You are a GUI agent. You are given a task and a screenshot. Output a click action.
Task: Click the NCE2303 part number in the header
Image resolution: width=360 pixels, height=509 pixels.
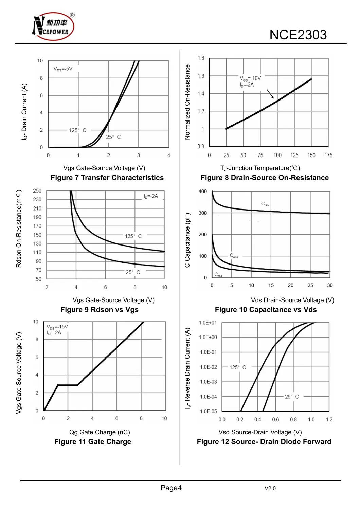298,35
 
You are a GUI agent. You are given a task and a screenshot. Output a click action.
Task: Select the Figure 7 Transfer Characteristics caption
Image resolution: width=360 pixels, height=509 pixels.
107,178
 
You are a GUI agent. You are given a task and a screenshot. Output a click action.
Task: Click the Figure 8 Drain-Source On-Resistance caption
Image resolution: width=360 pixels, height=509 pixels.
265,178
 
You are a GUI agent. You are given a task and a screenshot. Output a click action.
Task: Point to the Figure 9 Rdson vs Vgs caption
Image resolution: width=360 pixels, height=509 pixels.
100,310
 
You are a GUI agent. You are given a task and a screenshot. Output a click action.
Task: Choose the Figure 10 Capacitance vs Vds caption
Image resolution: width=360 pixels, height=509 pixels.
266,310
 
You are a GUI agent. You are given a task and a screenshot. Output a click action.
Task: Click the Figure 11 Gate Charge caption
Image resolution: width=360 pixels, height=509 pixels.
93,442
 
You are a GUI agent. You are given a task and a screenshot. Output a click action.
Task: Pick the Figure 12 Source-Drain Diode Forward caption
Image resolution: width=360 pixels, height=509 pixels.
264,442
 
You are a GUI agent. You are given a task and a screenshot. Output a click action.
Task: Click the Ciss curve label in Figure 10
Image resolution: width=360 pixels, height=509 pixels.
265,204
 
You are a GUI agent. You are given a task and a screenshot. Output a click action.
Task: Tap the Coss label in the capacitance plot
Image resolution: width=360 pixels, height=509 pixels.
234,256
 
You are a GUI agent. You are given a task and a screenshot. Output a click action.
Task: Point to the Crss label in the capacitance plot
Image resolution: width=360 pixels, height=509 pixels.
218,275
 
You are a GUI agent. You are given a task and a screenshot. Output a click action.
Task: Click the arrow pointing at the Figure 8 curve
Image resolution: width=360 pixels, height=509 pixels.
270,94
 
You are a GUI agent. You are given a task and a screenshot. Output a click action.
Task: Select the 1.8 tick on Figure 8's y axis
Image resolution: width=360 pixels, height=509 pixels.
201,58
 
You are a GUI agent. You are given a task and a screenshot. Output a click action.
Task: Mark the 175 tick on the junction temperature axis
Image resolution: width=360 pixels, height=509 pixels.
328,156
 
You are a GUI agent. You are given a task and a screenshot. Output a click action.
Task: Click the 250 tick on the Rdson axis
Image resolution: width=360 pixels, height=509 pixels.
37,191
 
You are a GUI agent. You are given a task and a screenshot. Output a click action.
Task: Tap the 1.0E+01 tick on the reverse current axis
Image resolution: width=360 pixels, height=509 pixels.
208,323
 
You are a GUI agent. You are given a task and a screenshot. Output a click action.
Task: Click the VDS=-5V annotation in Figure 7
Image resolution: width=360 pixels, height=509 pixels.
63,69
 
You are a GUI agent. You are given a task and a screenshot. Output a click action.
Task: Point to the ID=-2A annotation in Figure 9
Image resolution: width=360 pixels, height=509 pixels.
151,196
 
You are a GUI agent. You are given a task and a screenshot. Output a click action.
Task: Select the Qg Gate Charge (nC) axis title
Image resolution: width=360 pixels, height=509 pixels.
100,432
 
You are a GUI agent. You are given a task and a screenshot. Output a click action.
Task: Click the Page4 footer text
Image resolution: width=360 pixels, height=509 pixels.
171,488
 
